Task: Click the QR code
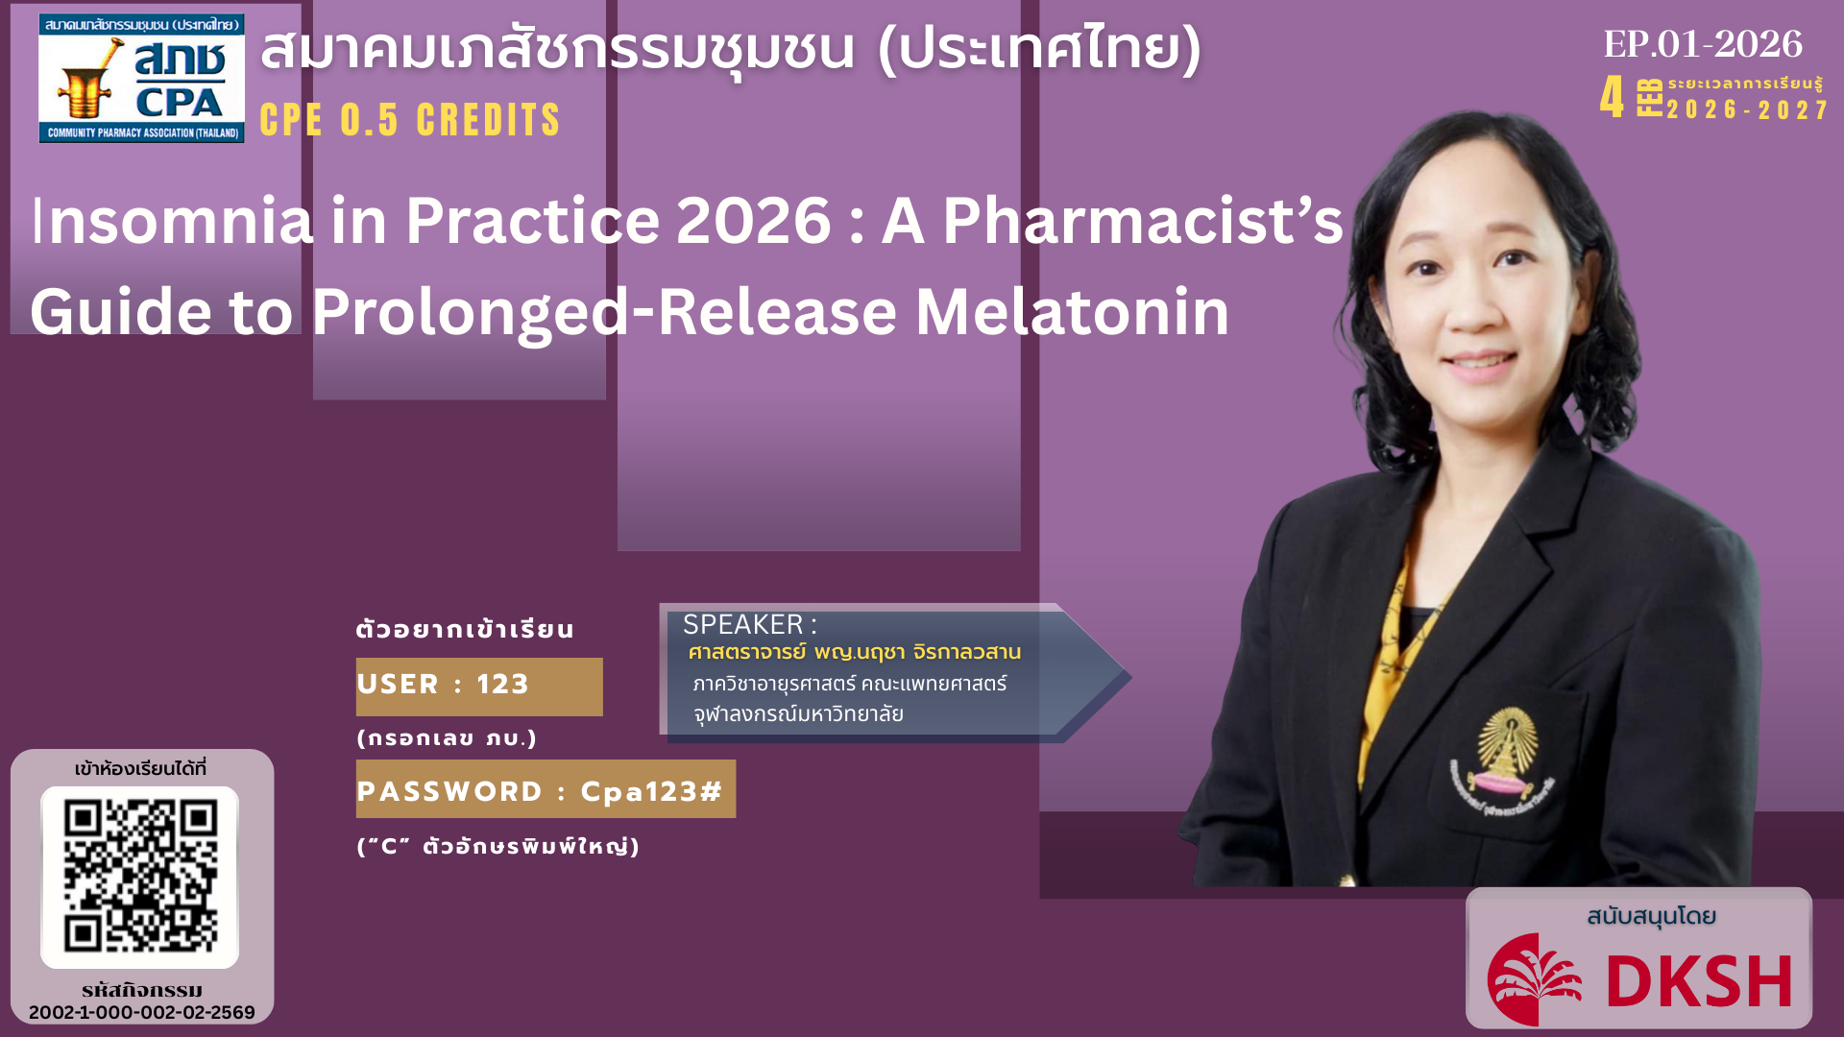(x=140, y=877)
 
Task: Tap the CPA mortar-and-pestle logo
(x=141, y=78)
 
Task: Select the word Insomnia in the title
(x=173, y=221)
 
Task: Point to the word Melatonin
(x=1072, y=312)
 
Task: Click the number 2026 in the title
(x=754, y=221)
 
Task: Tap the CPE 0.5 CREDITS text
(x=410, y=120)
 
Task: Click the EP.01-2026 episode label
(x=1703, y=43)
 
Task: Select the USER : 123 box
(x=479, y=687)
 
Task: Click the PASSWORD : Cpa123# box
(x=546, y=789)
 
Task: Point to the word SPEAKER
(x=743, y=625)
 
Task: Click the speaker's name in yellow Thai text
(x=855, y=652)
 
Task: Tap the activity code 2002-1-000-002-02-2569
(x=142, y=1012)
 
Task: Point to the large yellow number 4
(x=1613, y=97)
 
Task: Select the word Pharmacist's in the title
(x=1143, y=221)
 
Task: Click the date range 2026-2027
(x=1747, y=109)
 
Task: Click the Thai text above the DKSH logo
(x=1652, y=916)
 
